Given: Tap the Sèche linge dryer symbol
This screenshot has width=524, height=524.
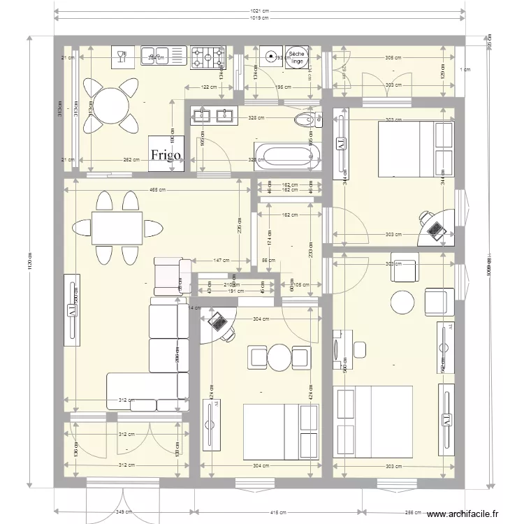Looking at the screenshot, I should tap(296, 57).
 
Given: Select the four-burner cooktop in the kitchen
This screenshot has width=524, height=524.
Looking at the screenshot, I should tap(208, 55).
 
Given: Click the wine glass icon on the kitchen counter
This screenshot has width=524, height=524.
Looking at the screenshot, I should tap(122, 55).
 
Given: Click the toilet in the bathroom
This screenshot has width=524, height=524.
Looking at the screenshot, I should tap(306, 119).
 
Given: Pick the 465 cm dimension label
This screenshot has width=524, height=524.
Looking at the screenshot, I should tap(157, 189).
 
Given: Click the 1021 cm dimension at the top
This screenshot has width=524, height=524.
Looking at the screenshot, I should tap(260, 11).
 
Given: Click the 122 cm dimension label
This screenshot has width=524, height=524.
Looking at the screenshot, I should tap(209, 87).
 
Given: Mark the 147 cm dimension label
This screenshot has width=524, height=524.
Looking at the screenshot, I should tap(221, 260).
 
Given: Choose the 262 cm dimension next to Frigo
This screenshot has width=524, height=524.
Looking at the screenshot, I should tap(130, 159).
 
